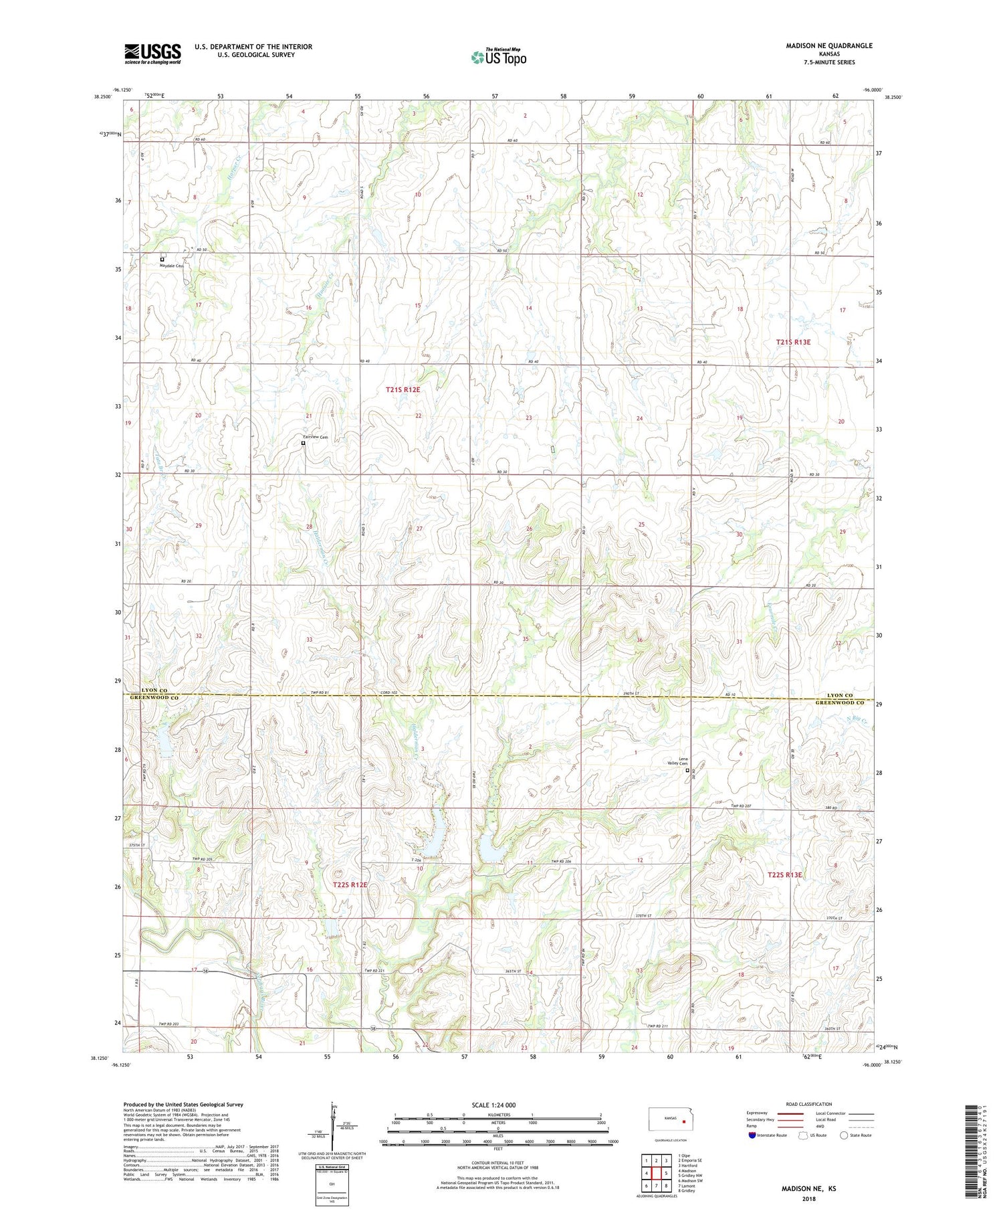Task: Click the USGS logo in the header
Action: (152, 54)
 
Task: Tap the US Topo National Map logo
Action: (498, 57)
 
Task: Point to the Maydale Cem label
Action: (171, 266)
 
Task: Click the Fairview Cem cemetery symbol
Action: (303, 443)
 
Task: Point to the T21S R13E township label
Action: (793, 342)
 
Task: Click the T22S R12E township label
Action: (350, 884)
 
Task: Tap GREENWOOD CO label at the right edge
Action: (840, 703)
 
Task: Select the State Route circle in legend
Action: (844, 1135)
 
